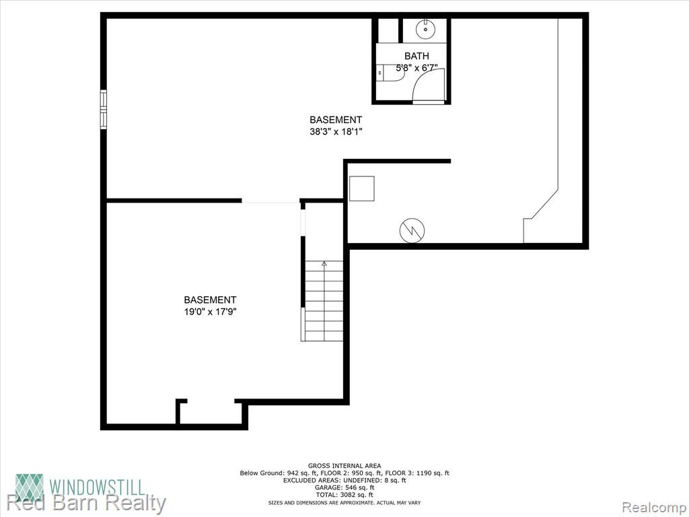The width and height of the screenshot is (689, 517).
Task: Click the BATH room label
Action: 416,57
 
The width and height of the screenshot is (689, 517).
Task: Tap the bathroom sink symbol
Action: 426,29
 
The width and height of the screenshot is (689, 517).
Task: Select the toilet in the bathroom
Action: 391,73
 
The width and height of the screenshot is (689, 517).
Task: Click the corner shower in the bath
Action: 429,85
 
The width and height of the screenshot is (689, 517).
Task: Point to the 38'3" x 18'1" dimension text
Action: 336,131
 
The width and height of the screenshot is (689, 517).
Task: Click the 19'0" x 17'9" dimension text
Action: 210,312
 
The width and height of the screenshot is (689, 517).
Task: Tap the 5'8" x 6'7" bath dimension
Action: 416,68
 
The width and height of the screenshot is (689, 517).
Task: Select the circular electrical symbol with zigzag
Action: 412,230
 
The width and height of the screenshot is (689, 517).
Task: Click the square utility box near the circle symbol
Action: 361,188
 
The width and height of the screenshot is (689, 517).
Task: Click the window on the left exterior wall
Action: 103,110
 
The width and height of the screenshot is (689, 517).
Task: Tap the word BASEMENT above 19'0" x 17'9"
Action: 210,300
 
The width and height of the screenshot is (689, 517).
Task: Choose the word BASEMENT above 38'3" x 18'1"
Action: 336,120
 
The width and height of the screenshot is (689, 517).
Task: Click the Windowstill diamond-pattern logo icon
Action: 30,488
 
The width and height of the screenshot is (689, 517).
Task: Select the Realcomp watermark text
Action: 654,507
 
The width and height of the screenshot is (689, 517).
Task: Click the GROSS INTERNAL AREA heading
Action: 344,466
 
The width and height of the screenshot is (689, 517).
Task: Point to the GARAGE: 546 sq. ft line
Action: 344,487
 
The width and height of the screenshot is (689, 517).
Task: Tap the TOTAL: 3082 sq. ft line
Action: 344,495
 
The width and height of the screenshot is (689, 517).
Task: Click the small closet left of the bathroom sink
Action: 388,30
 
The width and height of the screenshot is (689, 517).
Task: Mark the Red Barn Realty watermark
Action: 86,504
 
